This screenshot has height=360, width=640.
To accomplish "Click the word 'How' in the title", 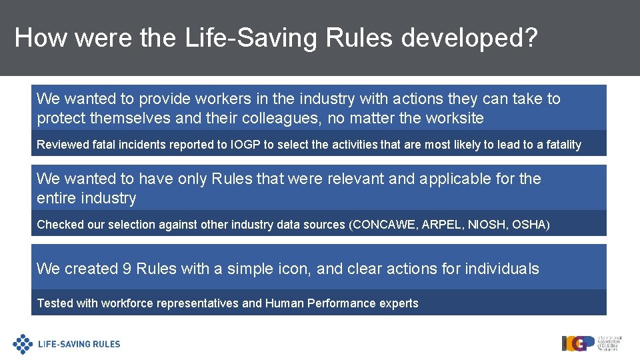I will pos(41,38).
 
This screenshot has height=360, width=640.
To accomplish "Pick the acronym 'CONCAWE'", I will pos(384,225).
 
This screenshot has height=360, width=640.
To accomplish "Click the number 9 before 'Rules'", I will pos(127,269).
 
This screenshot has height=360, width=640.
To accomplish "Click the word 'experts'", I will pos(397,303).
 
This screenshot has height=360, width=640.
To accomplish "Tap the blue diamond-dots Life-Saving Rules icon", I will pos(23,344).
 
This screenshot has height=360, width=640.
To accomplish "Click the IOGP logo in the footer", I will pos(578,343).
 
